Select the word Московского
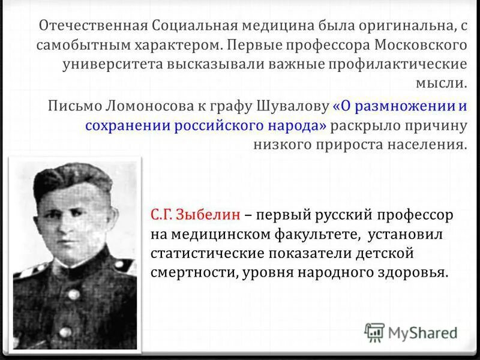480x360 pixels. tap(419, 45)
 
